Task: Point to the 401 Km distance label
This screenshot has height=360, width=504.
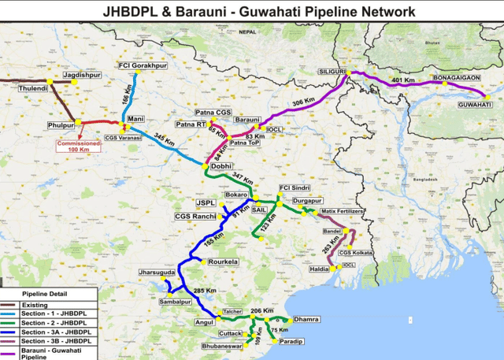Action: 402,80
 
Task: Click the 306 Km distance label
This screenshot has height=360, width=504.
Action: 303,102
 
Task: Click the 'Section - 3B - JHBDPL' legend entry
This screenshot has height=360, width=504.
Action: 55,342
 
